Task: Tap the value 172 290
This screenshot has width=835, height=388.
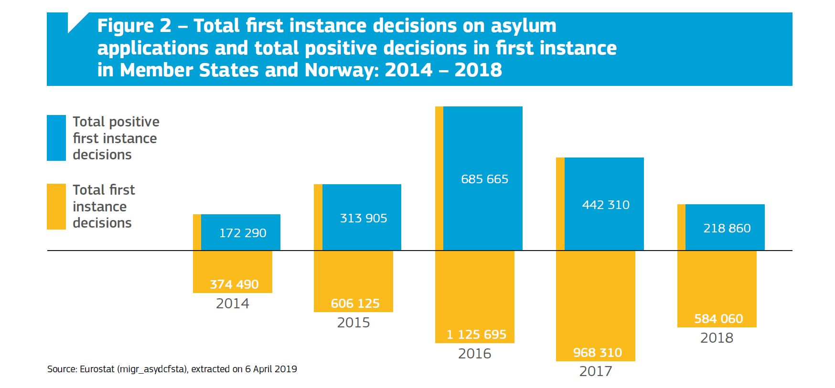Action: (x=243, y=233)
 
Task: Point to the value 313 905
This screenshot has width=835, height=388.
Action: (x=364, y=218)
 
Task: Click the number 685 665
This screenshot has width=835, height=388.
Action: (x=484, y=179)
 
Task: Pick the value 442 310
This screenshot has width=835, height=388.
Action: (x=606, y=205)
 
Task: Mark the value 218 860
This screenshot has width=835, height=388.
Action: (x=727, y=228)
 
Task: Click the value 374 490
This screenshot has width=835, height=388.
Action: (x=234, y=284)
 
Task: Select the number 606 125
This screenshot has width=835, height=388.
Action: (x=355, y=304)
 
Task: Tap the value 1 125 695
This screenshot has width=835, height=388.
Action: (x=476, y=335)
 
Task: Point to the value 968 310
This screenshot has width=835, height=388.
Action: (x=597, y=353)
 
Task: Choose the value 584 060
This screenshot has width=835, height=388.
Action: (x=718, y=319)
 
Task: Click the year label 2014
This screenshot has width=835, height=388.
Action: (x=232, y=304)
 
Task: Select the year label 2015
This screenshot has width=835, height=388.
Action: (x=353, y=323)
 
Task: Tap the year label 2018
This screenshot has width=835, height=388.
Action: (x=717, y=338)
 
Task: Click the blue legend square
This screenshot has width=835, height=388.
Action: (x=56, y=138)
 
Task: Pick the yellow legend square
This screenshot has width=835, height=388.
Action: (x=56, y=206)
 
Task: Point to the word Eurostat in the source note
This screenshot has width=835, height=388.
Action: (x=97, y=369)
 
